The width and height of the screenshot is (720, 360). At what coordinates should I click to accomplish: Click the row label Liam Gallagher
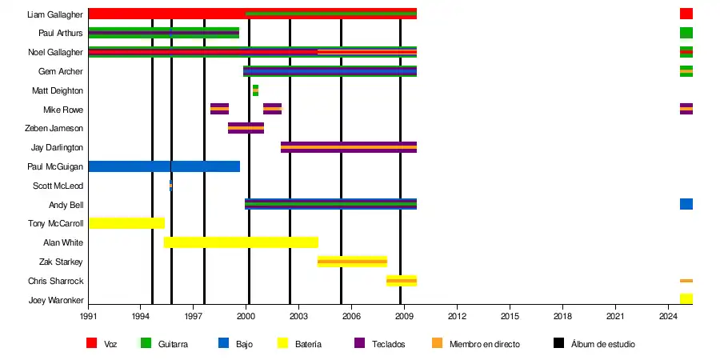pyautogui.click(x=54, y=14)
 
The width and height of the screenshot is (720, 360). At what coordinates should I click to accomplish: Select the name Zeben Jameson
pyautogui.click(x=54, y=128)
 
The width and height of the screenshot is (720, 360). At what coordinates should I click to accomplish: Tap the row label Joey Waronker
pyautogui.click(x=55, y=300)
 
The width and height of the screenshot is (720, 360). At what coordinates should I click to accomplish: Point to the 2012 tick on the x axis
pyautogui.click(x=457, y=317)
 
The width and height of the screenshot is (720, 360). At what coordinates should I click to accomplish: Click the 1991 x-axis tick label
pyautogui.click(x=88, y=317)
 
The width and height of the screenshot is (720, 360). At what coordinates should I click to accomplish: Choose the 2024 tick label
pyautogui.click(x=668, y=317)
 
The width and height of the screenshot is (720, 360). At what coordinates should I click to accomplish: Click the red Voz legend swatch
pyautogui.click(x=92, y=343)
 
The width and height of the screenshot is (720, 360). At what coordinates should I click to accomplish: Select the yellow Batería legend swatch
pyautogui.click(x=282, y=343)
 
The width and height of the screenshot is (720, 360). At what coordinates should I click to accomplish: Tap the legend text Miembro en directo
pyautogui.click(x=484, y=344)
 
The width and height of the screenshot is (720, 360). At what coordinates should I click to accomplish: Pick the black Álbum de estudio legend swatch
pyautogui.click(x=559, y=343)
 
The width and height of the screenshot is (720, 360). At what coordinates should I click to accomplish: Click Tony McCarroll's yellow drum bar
pyautogui.click(x=126, y=223)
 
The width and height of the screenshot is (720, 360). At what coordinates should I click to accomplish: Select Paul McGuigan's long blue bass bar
pyautogui.click(x=163, y=166)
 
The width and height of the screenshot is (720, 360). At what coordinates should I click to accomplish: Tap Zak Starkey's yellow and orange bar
pyautogui.click(x=352, y=262)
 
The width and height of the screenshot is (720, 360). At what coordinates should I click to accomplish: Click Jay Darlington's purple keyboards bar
pyautogui.click(x=348, y=147)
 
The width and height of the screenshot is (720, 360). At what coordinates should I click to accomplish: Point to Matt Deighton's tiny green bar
pyautogui.click(x=255, y=90)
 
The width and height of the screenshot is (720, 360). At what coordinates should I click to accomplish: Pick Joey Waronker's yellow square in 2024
pyautogui.click(x=686, y=299)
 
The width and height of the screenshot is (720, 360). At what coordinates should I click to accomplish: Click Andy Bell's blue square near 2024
pyautogui.click(x=686, y=204)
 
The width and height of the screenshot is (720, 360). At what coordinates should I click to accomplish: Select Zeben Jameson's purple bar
pyautogui.click(x=246, y=128)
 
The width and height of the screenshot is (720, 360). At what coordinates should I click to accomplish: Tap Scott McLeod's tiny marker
pyautogui.click(x=170, y=186)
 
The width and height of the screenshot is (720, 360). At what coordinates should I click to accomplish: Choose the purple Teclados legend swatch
pyautogui.click(x=359, y=343)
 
